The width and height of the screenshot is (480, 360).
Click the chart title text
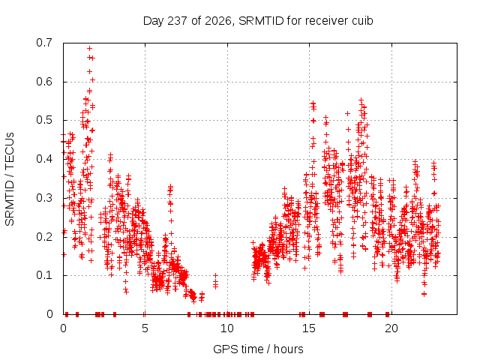[x=258, y=21]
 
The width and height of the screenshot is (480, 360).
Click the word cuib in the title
[x=362, y=20]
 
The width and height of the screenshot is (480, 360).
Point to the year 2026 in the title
[x=218, y=21]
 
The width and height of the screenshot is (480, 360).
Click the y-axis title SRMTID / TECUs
[x=10, y=179]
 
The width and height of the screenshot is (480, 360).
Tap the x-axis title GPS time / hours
[x=258, y=349]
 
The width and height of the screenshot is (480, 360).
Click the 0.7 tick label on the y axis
[x=44, y=43]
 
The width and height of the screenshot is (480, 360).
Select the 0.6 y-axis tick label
[x=44, y=82]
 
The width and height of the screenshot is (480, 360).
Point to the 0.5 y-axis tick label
[x=44, y=120]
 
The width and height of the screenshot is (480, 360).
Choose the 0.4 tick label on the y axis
[x=44, y=159]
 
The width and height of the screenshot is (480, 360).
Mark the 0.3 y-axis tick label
[x=44, y=198]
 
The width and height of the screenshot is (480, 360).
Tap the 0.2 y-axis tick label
[x=44, y=237]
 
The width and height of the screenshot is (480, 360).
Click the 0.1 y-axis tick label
[x=44, y=275]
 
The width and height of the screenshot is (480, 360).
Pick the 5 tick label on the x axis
[x=145, y=328]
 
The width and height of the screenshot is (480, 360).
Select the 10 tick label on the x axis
[x=226, y=328]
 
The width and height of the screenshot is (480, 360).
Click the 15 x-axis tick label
[x=309, y=328]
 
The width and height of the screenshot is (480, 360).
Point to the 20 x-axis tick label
[x=391, y=328]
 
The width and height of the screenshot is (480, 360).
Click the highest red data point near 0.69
[x=89, y=48]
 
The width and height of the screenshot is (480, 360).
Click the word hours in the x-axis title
[x=288, y=349]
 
